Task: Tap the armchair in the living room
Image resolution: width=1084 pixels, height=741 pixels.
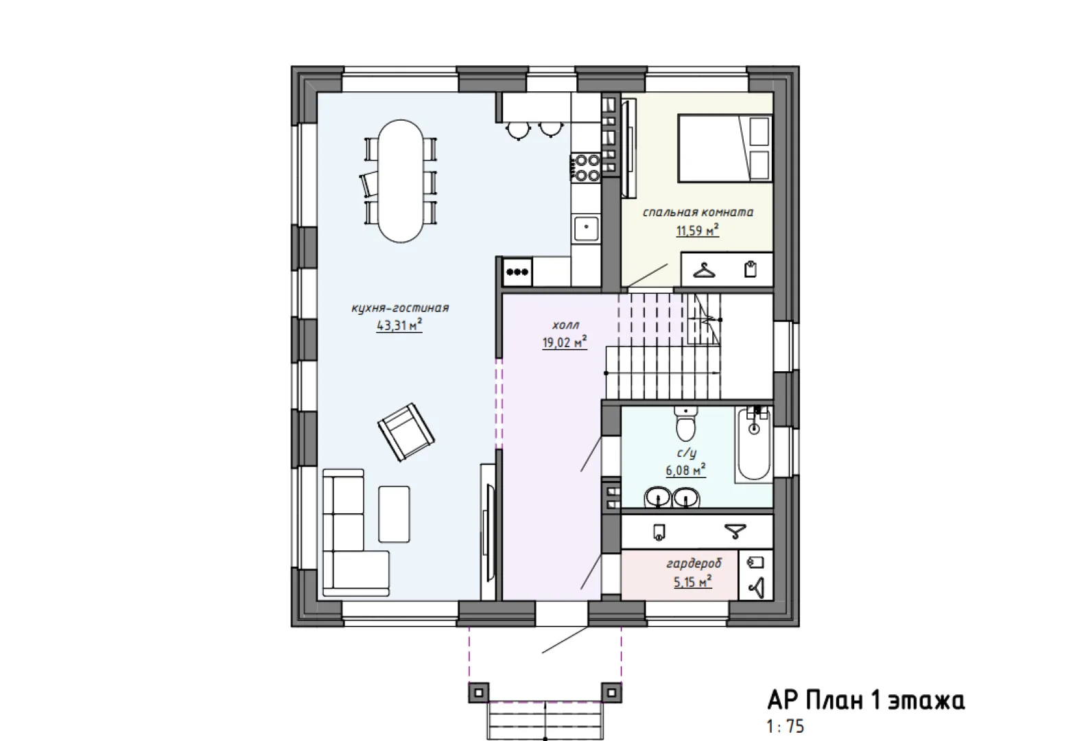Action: (406, 432)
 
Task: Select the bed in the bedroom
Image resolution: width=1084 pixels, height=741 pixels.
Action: (724, 148)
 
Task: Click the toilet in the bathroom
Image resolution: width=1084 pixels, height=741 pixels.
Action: (685, 424)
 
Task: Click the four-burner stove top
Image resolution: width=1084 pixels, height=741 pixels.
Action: (586, 167)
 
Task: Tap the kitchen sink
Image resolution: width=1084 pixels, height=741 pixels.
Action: (586, 229)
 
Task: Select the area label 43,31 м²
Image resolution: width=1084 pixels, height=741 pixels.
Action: (399, 325)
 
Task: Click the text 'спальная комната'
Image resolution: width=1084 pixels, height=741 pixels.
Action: (698, 212)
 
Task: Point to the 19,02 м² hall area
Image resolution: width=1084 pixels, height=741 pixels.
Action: (565, 342)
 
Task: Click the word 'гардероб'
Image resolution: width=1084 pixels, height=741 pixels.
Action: (694, 563)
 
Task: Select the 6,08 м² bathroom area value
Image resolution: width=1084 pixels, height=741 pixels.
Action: (685, 470)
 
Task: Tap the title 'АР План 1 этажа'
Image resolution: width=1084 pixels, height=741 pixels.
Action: (867, 701)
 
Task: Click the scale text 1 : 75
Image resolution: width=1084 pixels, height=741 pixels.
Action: (786, 727)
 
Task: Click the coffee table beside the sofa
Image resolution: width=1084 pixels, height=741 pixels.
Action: (394, 514)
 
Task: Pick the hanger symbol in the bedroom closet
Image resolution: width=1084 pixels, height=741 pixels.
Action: (704, 270)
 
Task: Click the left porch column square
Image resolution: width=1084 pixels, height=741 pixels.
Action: (479, 692)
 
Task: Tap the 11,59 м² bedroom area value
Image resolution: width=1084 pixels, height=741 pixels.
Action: (697, 231)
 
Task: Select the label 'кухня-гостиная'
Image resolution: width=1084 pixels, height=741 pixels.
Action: (400, 308)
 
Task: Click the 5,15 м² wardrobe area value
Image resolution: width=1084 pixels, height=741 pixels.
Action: (692, 581)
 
